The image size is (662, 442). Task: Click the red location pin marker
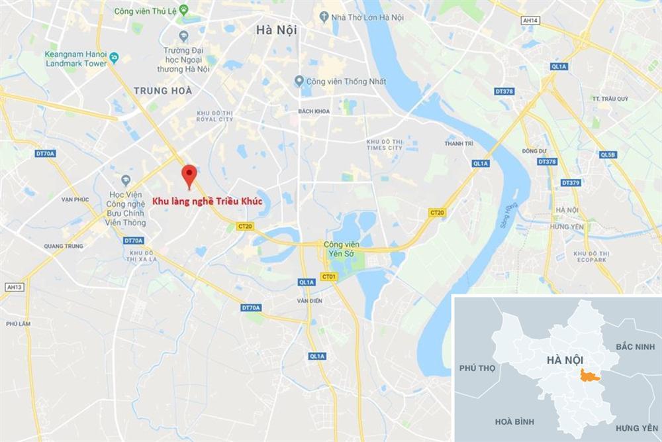click(189, 174)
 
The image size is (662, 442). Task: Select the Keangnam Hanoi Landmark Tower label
click(76, 59)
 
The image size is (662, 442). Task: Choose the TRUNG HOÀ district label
click(162, 90)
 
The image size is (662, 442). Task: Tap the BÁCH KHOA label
click(314, 111)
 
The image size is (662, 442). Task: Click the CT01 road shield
click(327, 276)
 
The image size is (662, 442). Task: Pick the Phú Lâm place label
click(15, 323)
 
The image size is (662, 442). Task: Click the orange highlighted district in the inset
click(587, 376)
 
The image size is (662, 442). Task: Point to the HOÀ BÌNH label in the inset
click(514, 421)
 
